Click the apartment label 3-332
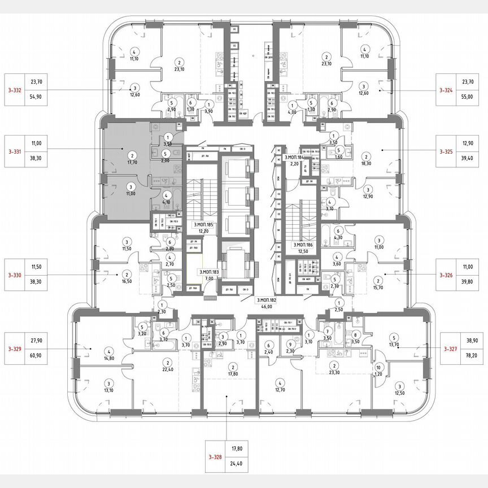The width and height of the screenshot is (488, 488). tap(15, 90)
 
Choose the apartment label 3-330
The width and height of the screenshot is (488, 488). tap(15, 276)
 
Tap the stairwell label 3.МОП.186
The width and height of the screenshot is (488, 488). tap(303, 245)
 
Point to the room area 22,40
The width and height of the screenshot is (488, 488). tap(167, 370)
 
